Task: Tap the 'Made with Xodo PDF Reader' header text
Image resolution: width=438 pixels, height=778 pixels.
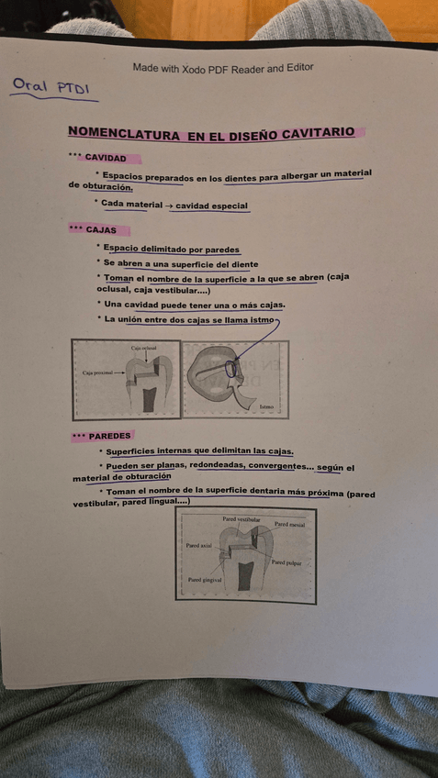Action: pyautogui.click(x=222, y=68)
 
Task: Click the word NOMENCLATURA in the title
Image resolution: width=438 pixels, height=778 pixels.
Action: pyautogui.click(x=124, y=134)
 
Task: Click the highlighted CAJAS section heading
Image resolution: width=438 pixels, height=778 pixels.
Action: pyautogui.click(x=101, y=229)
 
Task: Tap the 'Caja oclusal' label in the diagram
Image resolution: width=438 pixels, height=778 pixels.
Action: pyautogui.click(x=143, y=349)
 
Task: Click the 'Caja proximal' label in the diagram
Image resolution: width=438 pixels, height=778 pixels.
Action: pyautogui.click(x=97, y=373)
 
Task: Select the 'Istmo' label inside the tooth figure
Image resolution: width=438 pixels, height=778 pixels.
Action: pyautogui.click(x=266, y=406)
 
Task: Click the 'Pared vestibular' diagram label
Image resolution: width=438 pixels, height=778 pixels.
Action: pyautogui.click(x=241, y=519)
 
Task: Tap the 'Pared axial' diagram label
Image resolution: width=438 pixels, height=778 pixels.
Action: pyautogui.click(x=198, y=545)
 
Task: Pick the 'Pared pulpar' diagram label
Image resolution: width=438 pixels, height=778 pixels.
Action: pyautogui.click(x=287, y=562)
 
